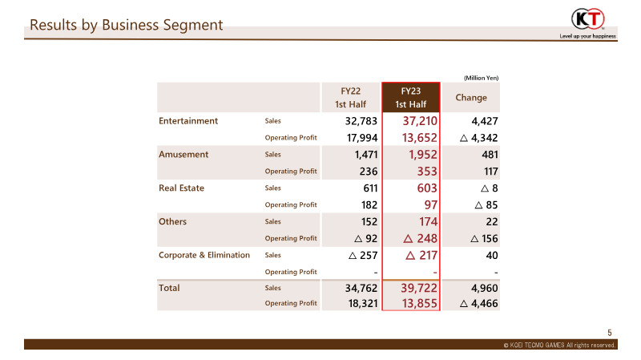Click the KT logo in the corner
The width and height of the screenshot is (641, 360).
point(588,18)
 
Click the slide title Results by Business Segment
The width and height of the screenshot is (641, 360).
point(127,25)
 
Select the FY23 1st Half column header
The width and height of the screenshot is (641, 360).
point(411,97)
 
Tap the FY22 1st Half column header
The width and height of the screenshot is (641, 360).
point(350,97)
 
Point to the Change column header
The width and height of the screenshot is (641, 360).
point(471,97)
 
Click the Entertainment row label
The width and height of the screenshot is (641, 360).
point(188,121)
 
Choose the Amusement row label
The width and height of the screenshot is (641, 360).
point(183,154)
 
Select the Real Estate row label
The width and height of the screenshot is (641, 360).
point(181,188)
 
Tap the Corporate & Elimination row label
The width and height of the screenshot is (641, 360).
point(204,255)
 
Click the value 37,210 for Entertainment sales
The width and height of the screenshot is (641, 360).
point(420,121)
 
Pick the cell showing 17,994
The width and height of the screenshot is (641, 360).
point(362,138)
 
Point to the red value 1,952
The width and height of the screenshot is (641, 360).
point(423,154)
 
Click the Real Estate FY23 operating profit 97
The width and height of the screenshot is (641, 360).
point(431,204)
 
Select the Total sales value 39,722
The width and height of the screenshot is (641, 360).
point(419,288)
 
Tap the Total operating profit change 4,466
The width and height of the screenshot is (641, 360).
point(478,304)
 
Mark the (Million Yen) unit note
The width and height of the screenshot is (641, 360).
point(482,78)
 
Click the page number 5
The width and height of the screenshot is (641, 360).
point(610,333)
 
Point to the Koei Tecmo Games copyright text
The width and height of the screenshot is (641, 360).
point(559,345)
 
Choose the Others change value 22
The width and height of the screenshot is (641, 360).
point(492,222)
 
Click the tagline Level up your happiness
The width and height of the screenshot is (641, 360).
point(587,36)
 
